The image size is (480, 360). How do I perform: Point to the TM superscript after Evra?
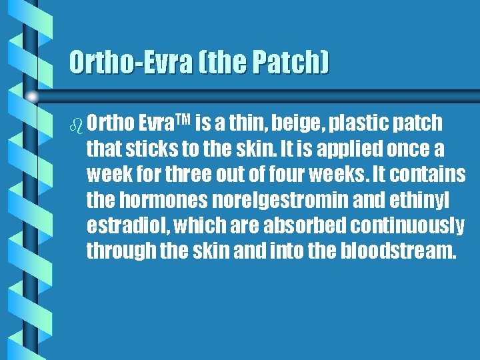click(183, 120)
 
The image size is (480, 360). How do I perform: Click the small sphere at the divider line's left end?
click(32, 97)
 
